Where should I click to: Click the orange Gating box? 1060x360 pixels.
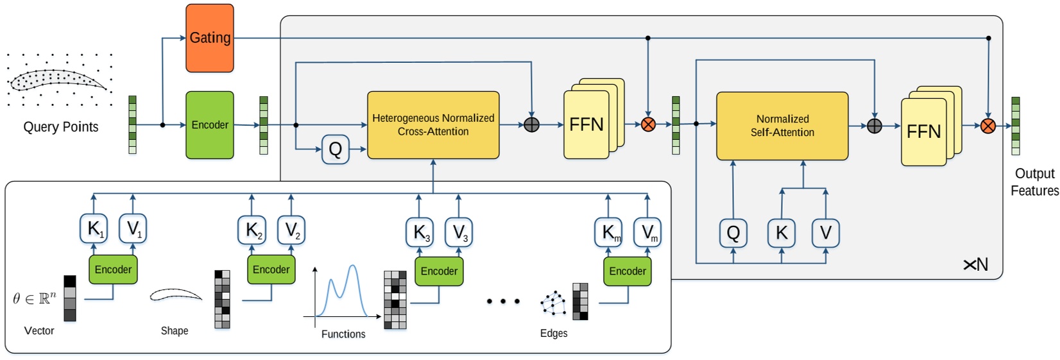(x=210, y=38)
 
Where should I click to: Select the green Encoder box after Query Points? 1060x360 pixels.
(x=210, y=124)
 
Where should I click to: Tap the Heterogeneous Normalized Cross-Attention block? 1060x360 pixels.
(x=433, y=125)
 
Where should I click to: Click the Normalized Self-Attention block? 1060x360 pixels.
(x=782, y=126)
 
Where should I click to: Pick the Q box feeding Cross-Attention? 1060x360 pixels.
(x=335, y=150)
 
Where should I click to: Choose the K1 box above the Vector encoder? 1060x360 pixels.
(x=94, y=229)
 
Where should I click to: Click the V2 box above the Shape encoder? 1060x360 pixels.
(x=291, y=230)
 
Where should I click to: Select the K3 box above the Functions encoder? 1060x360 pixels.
(x=420, y=232)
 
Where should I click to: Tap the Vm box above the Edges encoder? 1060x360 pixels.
(x=647, y=232)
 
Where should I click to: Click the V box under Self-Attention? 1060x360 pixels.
(x=825, y=233)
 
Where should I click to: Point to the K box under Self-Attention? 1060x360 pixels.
(x=782, y=233)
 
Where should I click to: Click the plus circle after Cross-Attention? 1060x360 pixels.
(x=531, y=124)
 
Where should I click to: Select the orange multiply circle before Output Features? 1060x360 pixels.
(x=988, y=126)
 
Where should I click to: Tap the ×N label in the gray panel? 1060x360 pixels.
(x=976, y=264)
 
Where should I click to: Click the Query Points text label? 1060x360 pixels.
(x=61, y=127)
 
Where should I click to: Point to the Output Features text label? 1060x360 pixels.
(x=1034, y=182)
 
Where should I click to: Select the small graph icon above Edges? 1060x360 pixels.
(x=553, y=304)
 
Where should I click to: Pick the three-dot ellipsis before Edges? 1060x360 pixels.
(x=503, y=301)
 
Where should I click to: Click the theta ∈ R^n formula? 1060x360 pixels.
(x=35, y=298)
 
